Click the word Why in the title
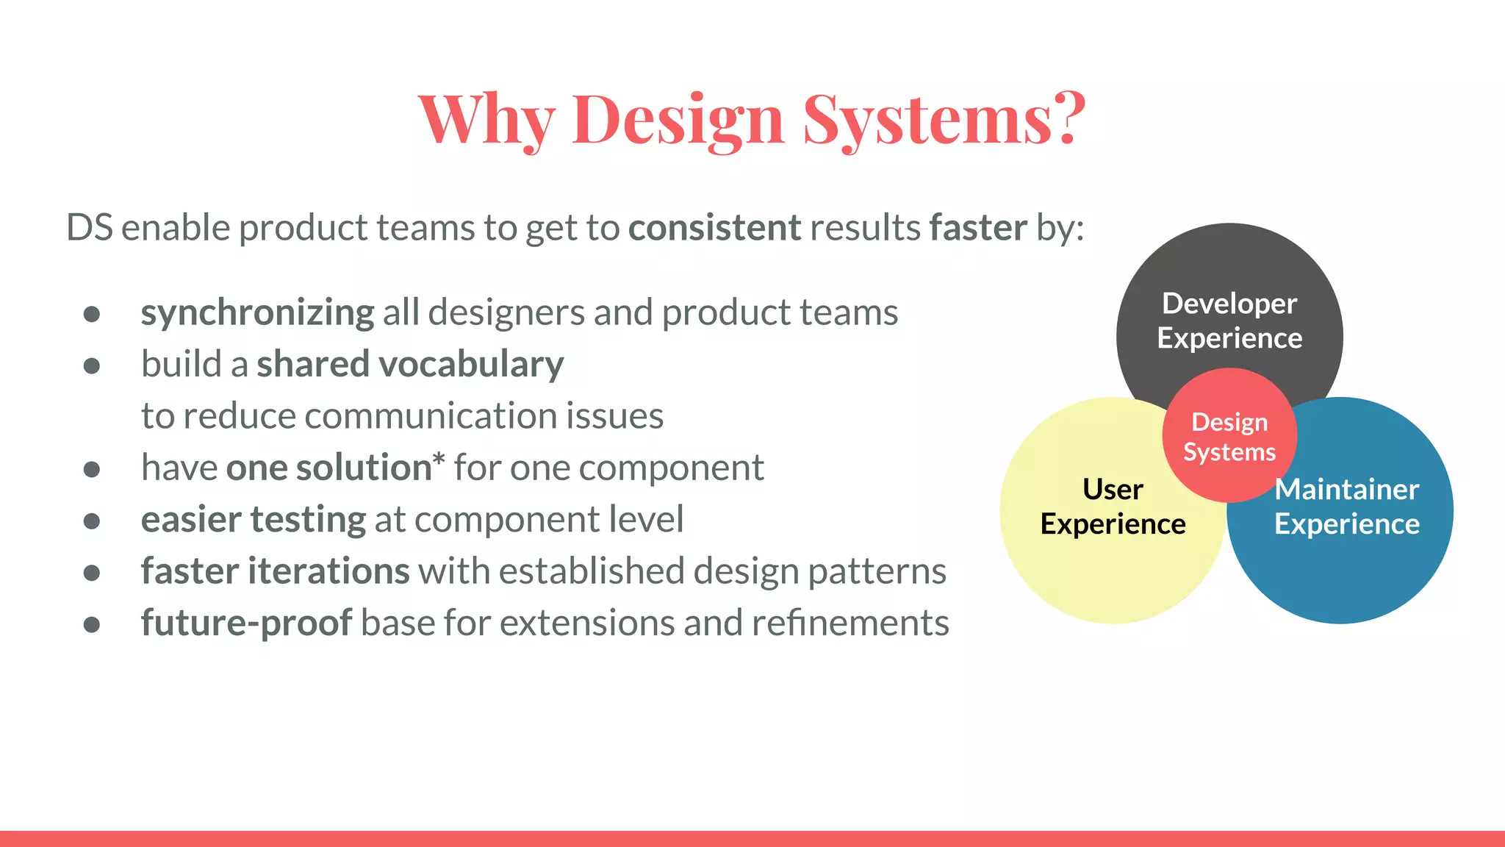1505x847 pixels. [x=486, y=119]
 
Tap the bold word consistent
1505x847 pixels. [x=714, y=227]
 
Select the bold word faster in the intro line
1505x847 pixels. [x=977, y=227]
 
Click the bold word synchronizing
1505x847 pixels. [x=257, y=312]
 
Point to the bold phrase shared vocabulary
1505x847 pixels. [x=409, y=364]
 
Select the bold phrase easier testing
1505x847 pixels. [x=253, y=519]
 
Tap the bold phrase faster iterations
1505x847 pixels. [x=275, y=571]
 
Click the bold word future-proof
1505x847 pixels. [x=246, y=623]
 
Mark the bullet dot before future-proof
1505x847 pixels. [x=92, y=625]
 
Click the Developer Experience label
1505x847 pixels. [x=1229, y=321]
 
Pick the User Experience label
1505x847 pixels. [x=1113, y=507]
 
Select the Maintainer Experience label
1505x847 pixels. [x=1346, y=507]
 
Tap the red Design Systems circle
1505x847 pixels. [x=1229, y=436]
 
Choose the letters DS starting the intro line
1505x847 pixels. [x=90, y=227]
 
